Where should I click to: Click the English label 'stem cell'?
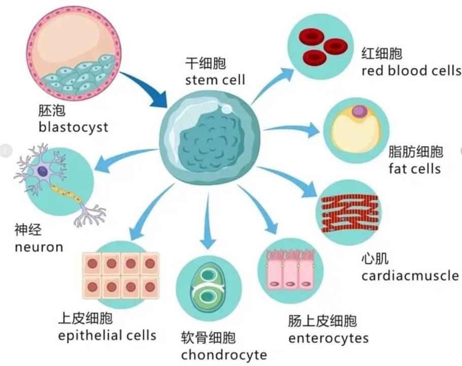tap(215, 80)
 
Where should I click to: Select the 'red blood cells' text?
tap(411, 70)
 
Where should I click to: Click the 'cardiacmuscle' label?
tap(410, 276)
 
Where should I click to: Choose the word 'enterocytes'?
tap(328, 338)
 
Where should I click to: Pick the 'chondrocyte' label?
tap(223, 354)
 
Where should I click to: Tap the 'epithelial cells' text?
tap(107, 336)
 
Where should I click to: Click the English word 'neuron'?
tap(39, 247)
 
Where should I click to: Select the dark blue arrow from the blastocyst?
tap(145, 89)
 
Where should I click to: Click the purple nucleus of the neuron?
tap(43, 172)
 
